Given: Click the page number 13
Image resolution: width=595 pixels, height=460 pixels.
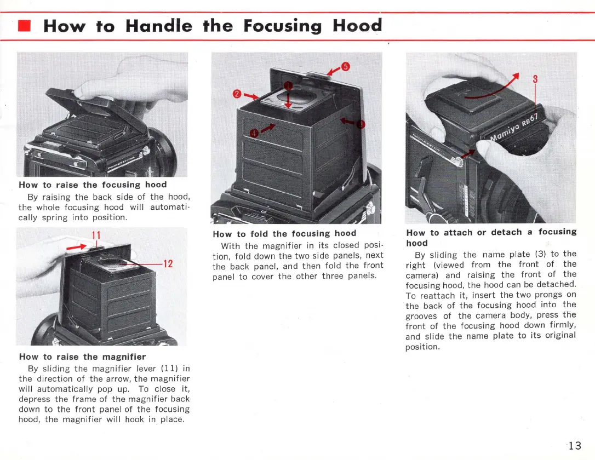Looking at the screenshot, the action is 574,445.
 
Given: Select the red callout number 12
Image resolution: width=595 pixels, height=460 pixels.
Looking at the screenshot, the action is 168,264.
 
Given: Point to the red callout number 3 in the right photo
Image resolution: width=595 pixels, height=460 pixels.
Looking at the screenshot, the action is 535,79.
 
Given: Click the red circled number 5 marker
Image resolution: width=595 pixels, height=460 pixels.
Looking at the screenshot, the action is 345,67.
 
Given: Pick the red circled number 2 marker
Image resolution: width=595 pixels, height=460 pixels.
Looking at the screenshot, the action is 237,94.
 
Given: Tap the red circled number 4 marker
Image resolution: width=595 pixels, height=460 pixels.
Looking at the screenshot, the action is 253,133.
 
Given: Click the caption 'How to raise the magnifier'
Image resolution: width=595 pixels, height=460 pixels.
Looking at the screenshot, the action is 82,357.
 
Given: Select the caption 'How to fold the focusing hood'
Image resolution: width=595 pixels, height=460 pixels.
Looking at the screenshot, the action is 284,233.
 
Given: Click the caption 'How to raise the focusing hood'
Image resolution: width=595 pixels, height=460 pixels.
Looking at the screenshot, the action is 93,185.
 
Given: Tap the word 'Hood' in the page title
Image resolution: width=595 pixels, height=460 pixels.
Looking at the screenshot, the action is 357,26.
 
